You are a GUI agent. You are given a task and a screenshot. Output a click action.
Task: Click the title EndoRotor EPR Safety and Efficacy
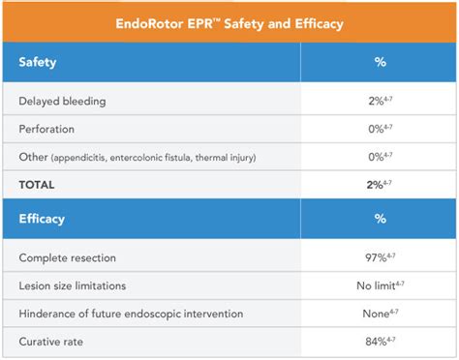coord(229,20)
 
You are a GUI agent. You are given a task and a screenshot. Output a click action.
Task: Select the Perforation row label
coord(52,129)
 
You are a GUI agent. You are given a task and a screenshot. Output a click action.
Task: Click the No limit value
coord(373,286)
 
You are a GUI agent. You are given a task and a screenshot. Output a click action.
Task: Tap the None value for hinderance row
coord(373,314)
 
